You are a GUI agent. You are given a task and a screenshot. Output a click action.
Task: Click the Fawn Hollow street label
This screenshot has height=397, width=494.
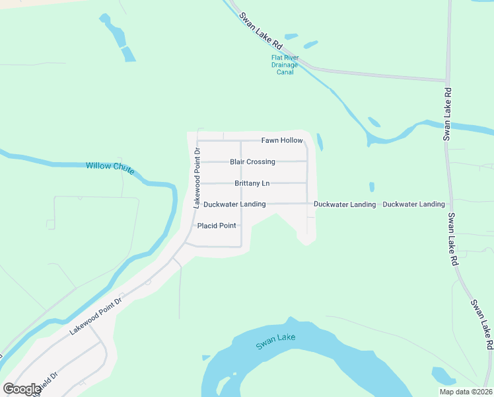click(281, 140)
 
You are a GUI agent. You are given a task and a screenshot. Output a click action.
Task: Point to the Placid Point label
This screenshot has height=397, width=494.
click(217, 226)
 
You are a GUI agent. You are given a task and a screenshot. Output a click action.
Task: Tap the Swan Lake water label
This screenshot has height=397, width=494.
click(275, 339)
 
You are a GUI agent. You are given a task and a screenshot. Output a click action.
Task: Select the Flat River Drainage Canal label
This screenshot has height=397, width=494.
click(285, 64)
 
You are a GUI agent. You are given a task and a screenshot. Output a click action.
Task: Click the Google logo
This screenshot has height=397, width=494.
click(22, 389)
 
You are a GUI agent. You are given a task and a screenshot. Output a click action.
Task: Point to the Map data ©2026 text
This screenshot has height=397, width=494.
click(466, 392)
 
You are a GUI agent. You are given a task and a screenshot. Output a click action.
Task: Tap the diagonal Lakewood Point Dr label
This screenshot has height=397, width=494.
click(97, 316)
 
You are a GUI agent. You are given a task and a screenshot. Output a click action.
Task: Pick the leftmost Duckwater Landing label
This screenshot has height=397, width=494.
click(234, 204)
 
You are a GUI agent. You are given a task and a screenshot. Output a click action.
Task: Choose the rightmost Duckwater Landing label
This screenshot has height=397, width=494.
click(413, 204)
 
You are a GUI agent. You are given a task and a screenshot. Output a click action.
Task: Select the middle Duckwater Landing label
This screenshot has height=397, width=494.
click(345, 204)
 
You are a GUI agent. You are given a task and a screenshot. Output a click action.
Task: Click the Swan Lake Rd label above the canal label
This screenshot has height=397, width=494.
click(260, 32)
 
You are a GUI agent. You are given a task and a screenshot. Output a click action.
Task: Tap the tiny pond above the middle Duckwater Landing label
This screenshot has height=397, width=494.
click(372, 187)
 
